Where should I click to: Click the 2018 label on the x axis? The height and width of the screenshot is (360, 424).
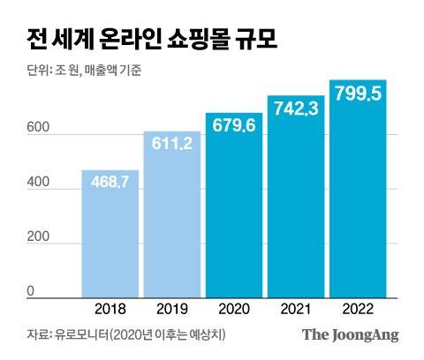[x=111, y=310]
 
